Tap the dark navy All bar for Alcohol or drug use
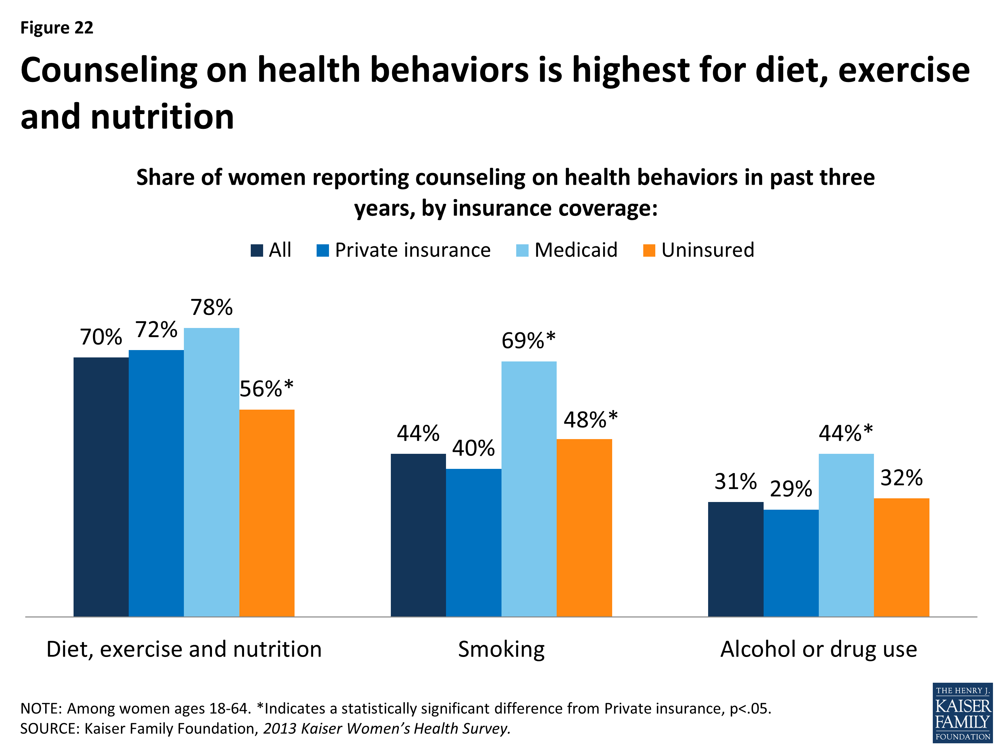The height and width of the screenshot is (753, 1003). (x=736, y=559)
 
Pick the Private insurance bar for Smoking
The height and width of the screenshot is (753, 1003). (x=473, y=542)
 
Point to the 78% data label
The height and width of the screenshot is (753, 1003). (x=211, y=307)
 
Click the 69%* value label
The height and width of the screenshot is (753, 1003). (x=528, y=340)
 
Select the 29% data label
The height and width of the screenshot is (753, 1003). (x=791, y=489)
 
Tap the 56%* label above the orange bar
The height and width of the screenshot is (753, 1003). (x=266, y=389)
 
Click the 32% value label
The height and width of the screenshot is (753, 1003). (x=901, y=478)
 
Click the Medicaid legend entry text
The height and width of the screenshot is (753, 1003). (x=576, y=250)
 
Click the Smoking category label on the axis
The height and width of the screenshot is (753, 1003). (x=501, y=649)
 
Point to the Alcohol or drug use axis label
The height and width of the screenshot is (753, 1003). (x=818, y=649)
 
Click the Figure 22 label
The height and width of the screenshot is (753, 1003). (x=57, y=28)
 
